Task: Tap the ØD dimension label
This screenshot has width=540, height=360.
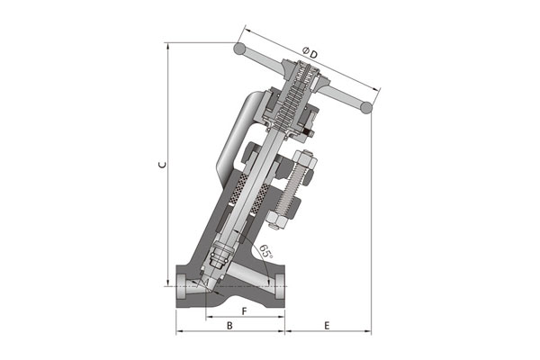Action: coord(310,53)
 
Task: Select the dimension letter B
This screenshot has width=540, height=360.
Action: coord(229,325)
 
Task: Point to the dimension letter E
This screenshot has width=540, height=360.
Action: coord(327,325)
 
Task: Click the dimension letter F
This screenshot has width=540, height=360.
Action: coord(244,311)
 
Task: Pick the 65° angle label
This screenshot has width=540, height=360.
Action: coord(265,251)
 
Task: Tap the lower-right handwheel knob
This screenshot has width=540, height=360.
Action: coord(366,107)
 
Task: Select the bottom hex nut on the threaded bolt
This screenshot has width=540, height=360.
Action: coord(277,219)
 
